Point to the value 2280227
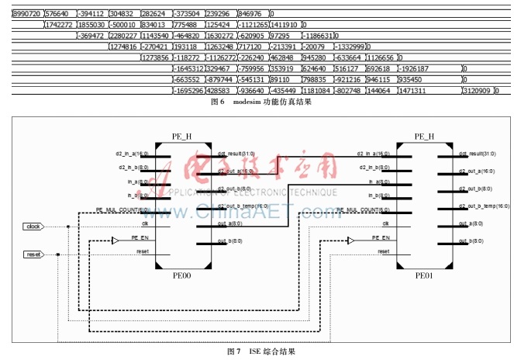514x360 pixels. coord(123,36)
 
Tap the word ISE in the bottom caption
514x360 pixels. coord(254,351)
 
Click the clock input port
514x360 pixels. coord(33,227)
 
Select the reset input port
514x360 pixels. coord(33,254)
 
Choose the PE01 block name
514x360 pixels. coord(424,275)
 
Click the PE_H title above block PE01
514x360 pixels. coord(424,137)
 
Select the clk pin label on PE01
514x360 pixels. coord(384,223)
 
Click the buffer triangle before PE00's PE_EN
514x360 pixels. coord(114,241)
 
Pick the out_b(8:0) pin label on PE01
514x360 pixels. coord(471,241)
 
